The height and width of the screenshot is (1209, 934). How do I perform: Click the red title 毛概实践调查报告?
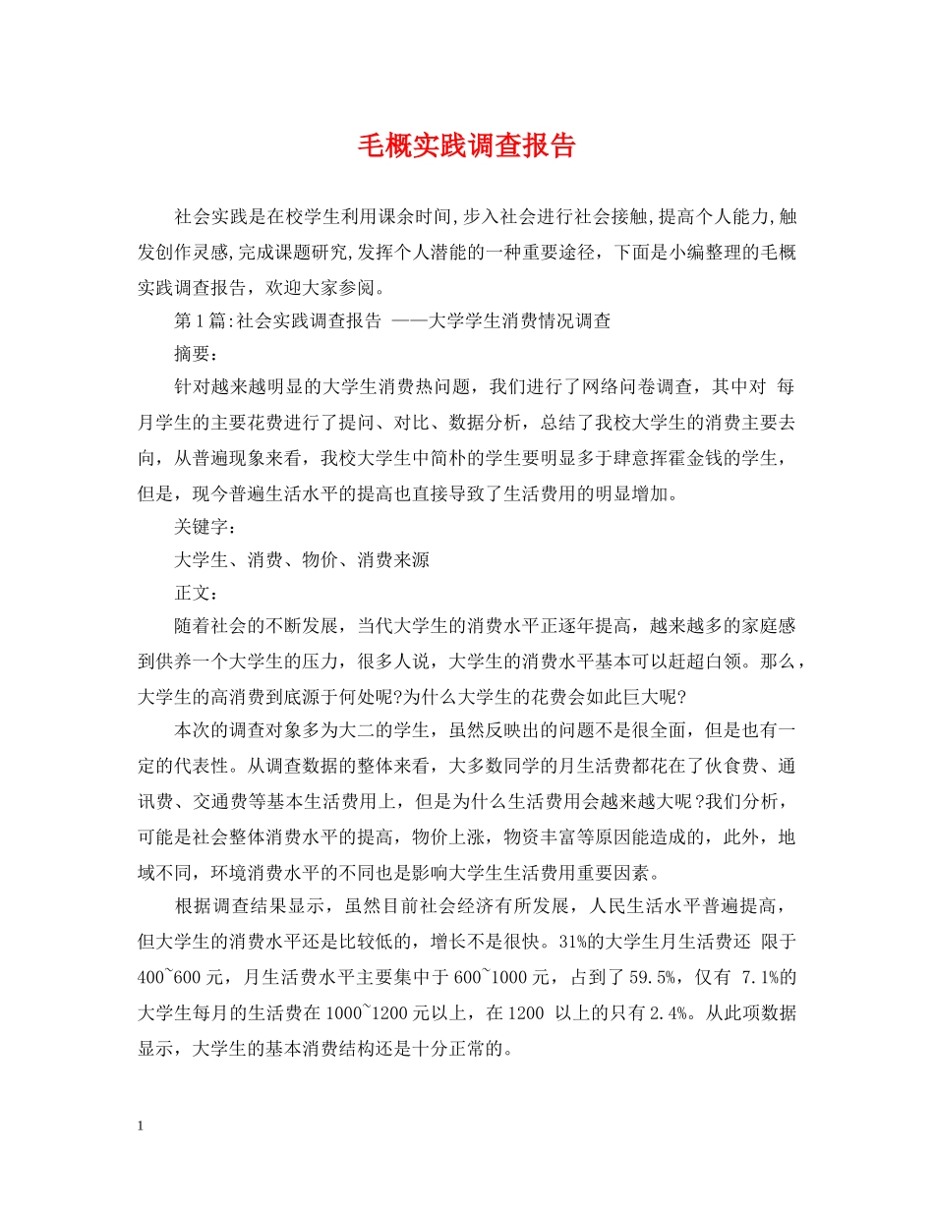(x=466, y=147)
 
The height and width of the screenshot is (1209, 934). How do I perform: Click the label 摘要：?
(x=196, y=352)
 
